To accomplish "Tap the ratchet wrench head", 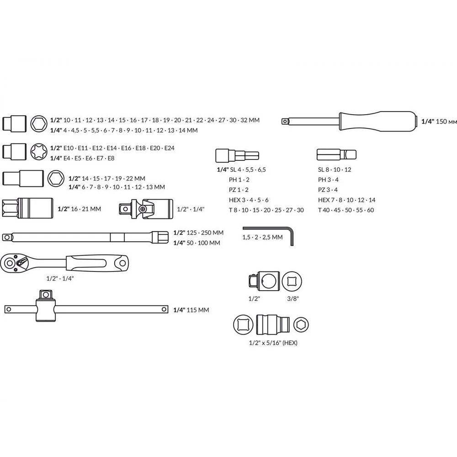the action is coord(12,264).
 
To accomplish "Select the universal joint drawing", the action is coord(146,209).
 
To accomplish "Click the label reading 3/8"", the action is coord(293,299).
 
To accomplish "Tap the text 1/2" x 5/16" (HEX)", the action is coord(273,343).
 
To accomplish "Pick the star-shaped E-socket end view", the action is coord(39,152).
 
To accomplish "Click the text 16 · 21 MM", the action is coord(86,209).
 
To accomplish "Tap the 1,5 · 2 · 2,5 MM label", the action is coord(262,237).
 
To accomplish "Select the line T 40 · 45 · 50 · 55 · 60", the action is coord(346,210).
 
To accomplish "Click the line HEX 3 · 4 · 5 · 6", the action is coord(249,200).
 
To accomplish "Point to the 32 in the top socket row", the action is coord(244,120).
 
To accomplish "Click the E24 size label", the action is coord(170,148).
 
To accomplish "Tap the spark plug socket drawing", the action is coord(27,208).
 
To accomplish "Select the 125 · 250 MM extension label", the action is coord(205,233).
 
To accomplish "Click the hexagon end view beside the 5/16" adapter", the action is coord(301,324).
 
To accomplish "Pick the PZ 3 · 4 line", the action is coord(328,190).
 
